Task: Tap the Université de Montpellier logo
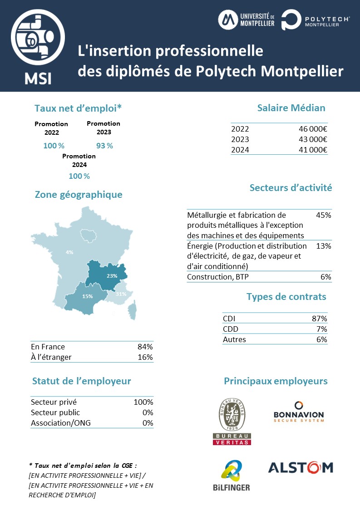pos(247,20)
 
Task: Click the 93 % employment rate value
pos(104,146)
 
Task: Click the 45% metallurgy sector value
pos(323,215)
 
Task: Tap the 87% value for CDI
pos(319,319)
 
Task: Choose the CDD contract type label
pos(231,329)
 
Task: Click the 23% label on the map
pos(112,275)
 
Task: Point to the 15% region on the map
pos(87,296)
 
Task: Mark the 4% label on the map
pos(69,252)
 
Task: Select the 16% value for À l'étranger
pos(145,357)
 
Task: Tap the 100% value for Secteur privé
pos(143,402)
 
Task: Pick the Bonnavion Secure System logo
pos(299,412)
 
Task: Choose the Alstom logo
pos(301,467)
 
